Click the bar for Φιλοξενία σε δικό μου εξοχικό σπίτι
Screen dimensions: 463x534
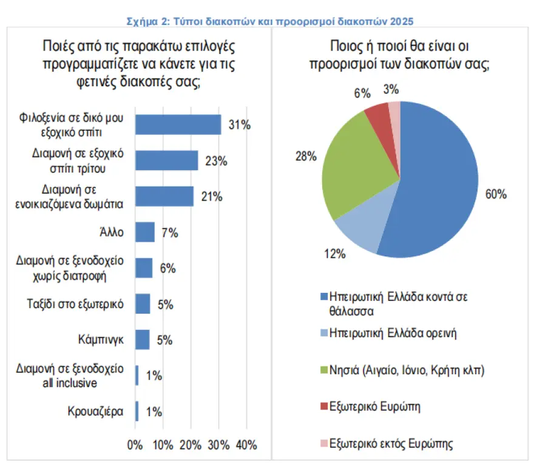click(178, 124)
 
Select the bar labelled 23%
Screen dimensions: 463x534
click(166, 160)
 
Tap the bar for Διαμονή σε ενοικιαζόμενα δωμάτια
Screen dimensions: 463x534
click(164, 196)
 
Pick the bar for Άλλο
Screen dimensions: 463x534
click(144, 232)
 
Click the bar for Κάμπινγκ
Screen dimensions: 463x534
click(142, 339)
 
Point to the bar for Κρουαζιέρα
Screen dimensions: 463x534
click(137, 411)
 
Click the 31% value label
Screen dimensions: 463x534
click(239, 125)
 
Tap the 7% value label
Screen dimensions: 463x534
click(169, 233)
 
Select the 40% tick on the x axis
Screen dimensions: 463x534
click(246, 445)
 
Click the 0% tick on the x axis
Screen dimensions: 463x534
click(135, 445)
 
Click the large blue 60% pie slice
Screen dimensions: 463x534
click(437, 182)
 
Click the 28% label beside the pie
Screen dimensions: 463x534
click(305, 157)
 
